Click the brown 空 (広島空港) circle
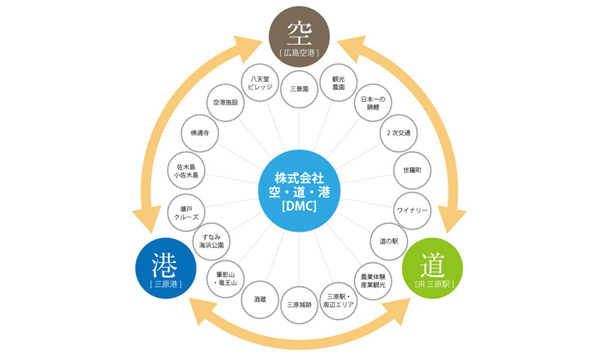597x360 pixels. pos(298,37)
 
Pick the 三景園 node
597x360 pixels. pos(299,89)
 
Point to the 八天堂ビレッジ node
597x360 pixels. pos(260,83)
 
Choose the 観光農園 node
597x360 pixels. pos(338,83)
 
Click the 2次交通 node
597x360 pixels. pos(398,133)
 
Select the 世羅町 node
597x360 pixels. pos(412,170)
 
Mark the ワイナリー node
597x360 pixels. pos(412,210)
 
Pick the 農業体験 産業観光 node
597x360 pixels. pos(373,280)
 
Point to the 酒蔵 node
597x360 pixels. pos(260,299)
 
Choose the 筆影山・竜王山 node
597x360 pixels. pos(226,280)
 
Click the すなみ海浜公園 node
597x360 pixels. pos(212,241)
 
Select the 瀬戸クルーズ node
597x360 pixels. pos(186,213)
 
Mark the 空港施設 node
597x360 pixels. pos(225,103)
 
